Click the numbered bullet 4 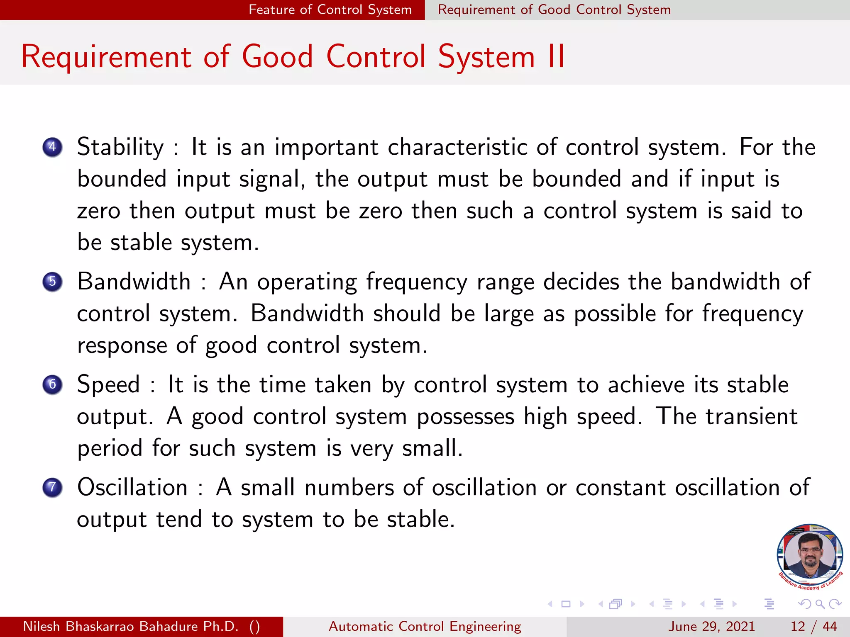coord(52,147)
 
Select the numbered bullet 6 coord(52,384)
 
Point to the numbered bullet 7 coord(52,487)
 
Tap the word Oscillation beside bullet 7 coord(132,487)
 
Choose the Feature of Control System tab coord(330,10)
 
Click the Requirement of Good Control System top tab coord(554,10)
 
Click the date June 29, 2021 coord(711,626)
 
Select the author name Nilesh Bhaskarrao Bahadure coord(131,626)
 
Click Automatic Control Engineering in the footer coord(425,626)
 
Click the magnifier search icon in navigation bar coord(820,604)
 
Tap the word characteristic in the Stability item coord(457,147)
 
